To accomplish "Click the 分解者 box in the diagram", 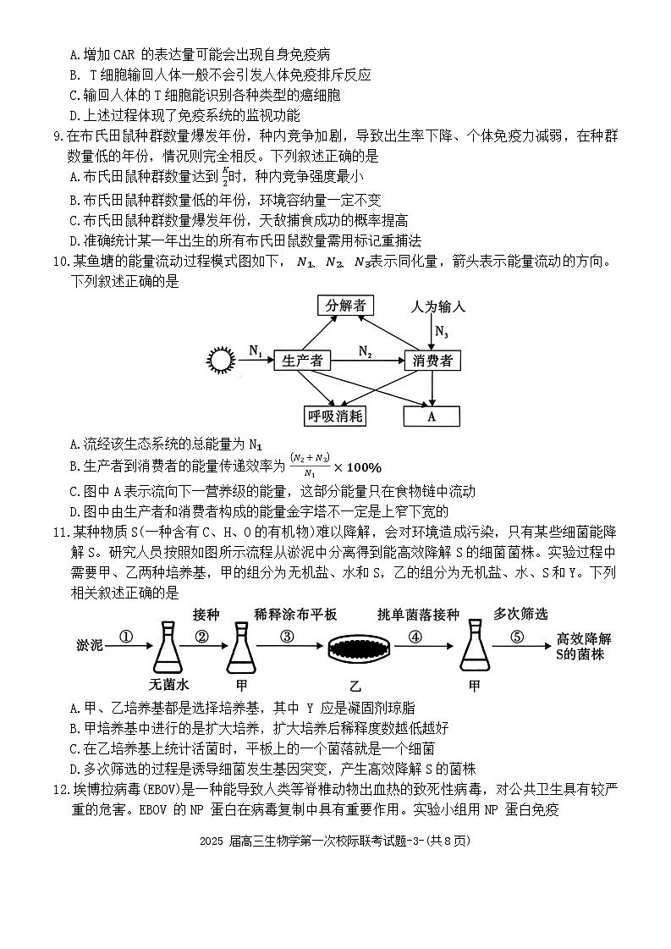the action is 348,306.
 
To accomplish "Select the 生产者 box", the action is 302,361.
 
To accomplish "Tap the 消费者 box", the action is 432,361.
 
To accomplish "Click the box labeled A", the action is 432,416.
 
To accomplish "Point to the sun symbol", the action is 221,361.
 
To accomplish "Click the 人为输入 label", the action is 437,306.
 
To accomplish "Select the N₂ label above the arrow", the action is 365,350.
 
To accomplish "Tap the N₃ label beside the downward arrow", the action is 442,332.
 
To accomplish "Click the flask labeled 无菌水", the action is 167,649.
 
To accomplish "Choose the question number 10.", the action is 60,261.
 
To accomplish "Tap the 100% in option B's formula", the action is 363,467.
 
